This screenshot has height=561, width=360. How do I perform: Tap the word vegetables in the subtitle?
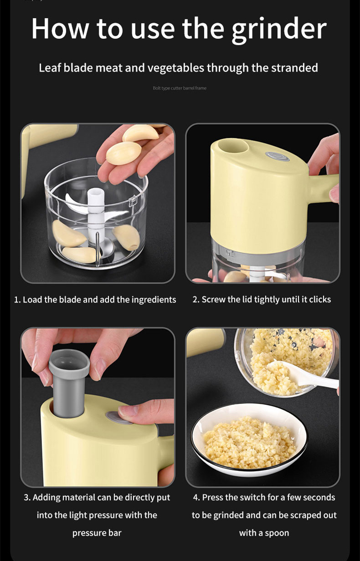point(175,68)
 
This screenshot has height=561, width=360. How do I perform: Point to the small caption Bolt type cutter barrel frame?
point(180,88)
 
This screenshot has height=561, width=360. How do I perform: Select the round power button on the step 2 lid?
point(277,156)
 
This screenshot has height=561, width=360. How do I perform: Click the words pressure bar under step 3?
point(97,533)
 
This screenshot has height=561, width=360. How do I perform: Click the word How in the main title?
point(60,28)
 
